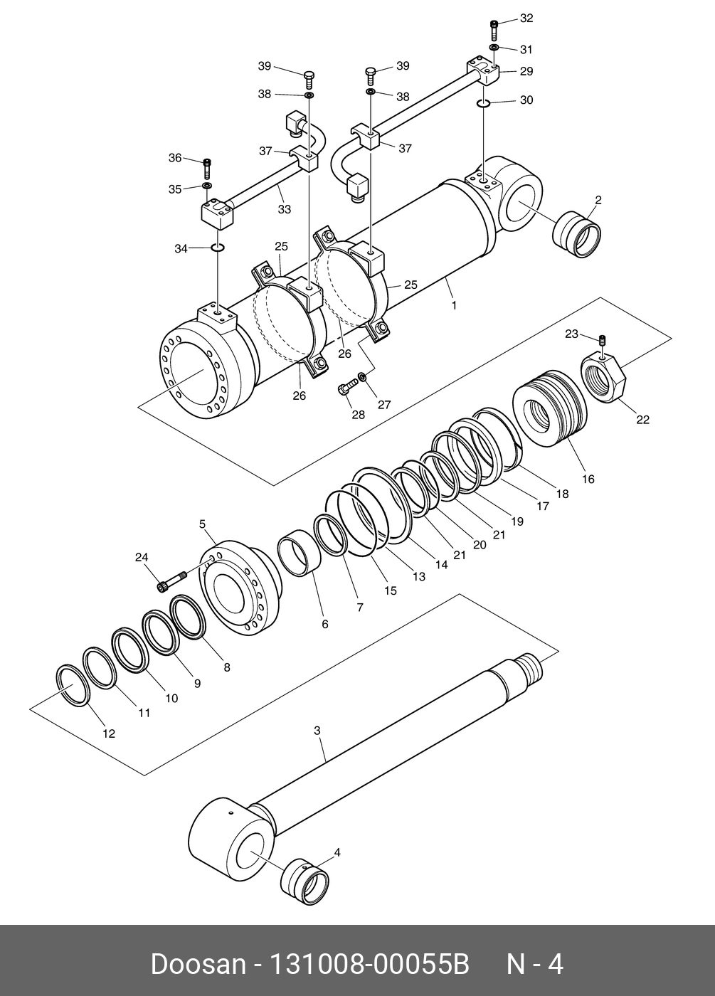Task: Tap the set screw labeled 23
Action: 602,341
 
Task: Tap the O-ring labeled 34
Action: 218,248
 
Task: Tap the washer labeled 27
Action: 363,376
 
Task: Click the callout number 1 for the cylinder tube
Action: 454,305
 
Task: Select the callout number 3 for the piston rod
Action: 317,731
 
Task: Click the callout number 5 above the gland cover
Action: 202,524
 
